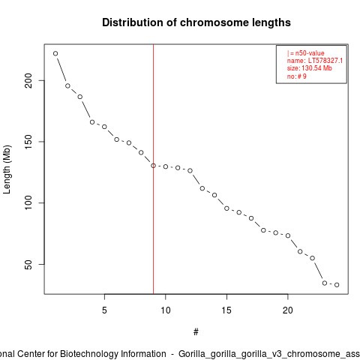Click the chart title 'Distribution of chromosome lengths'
coord(196,22)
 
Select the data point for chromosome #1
coord(55,53)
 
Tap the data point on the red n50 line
coord(153,166)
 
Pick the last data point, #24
coord(337,285)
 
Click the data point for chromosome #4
coord(92,122)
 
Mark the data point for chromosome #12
coord(190,170)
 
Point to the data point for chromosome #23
coord(325,283)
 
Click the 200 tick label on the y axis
coord(28,80)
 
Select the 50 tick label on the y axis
coord(28,265)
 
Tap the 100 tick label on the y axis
coord(28,202)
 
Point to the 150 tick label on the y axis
coord(28,142)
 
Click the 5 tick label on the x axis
coord(104,310)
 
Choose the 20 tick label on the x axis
coord(288,310)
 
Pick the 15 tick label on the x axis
coord(226,310)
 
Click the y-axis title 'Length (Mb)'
coord(7,169)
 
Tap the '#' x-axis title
coord(196,332)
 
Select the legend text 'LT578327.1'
coord(325,61)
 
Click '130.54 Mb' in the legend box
coord(316,68)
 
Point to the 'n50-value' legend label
coord(310,53)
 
